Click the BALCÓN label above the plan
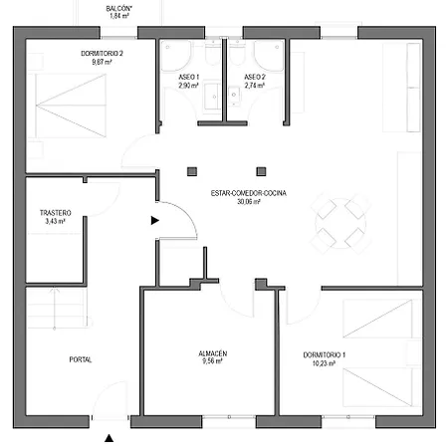118,9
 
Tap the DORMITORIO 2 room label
102,54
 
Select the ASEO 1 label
189,77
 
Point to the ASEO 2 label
255,77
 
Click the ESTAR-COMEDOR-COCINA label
249,193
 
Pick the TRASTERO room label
56,213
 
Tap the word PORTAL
81,359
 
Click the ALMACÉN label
213,353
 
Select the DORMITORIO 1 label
325,354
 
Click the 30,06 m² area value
249,201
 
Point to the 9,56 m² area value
212,361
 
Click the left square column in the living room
192,171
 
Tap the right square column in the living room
261,171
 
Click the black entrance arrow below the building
110,438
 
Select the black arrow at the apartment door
155,220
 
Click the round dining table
340,223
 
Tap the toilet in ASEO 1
213,53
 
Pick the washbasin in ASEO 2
234,97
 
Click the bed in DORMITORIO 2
71,106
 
